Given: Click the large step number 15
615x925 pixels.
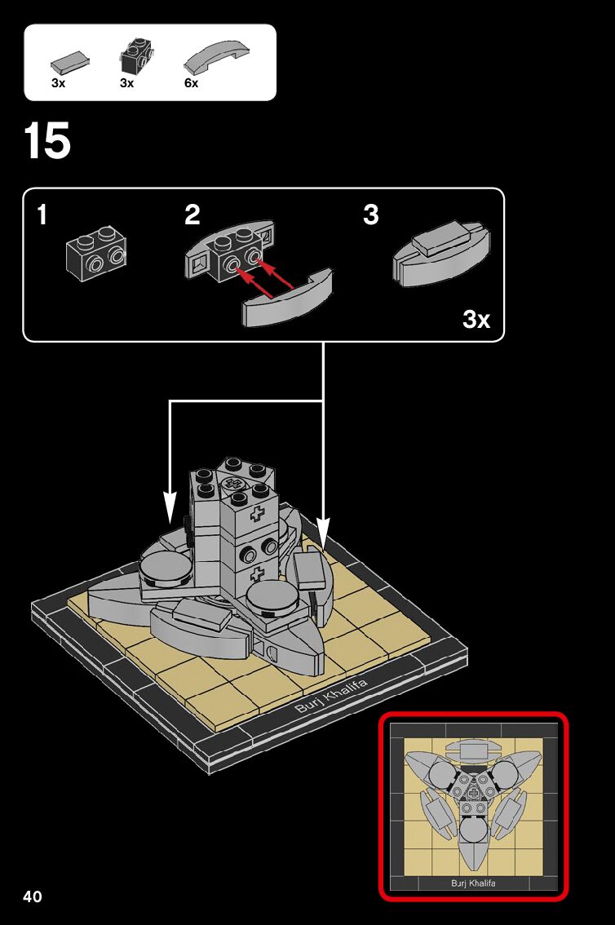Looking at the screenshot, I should pos(47,141).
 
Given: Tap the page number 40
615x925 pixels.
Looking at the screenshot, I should pos(33,897).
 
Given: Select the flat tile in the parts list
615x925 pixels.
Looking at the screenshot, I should pos(70,61).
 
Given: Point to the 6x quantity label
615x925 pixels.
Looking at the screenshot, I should pos(192,83).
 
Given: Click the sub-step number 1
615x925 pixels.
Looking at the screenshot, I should pos(42,215).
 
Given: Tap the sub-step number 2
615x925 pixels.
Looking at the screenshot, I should pos(192,215).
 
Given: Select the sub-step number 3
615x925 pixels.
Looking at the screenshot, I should pos(371,215).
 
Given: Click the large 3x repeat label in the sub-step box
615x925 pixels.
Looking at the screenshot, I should pos(476,319).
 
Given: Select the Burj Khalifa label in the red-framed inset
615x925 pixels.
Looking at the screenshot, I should pos(473,883).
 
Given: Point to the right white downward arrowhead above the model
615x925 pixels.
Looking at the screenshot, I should pos(323,533).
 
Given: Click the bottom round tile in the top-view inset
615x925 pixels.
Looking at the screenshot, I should pos(473,831).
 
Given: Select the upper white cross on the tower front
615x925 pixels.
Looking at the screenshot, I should pos(259,516).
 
